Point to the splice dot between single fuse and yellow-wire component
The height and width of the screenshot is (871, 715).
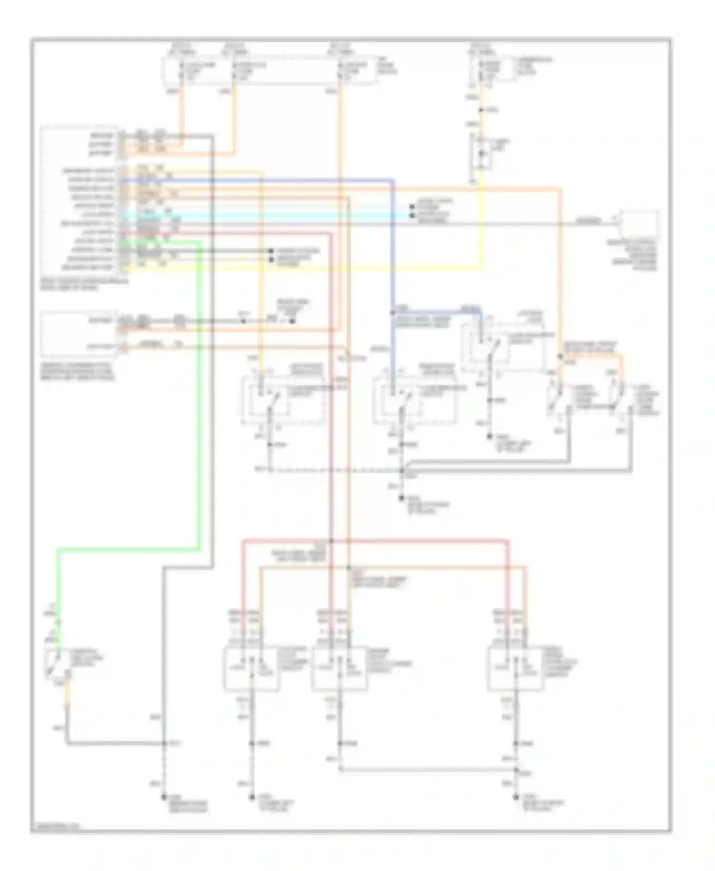(x=481, y=110)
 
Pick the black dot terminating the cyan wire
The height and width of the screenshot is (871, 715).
(x=412, y=215)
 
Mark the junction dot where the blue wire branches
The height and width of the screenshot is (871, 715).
(x=393, y=313)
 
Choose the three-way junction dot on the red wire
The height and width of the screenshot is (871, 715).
(x=330, y=541)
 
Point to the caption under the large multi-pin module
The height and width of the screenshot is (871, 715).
(x=83, y=285)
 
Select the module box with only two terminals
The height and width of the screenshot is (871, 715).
(x=79, y=333)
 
